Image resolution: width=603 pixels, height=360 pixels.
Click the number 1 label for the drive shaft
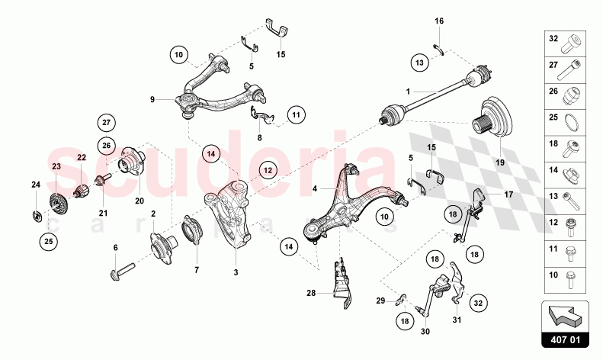coord(408,92)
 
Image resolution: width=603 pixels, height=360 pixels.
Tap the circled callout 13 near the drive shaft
coord(419,62)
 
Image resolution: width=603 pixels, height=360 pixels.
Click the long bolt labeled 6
coord(123,267)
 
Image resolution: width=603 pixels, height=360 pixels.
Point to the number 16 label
coord(438,21)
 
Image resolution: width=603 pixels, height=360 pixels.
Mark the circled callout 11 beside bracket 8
coord(297,116)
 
